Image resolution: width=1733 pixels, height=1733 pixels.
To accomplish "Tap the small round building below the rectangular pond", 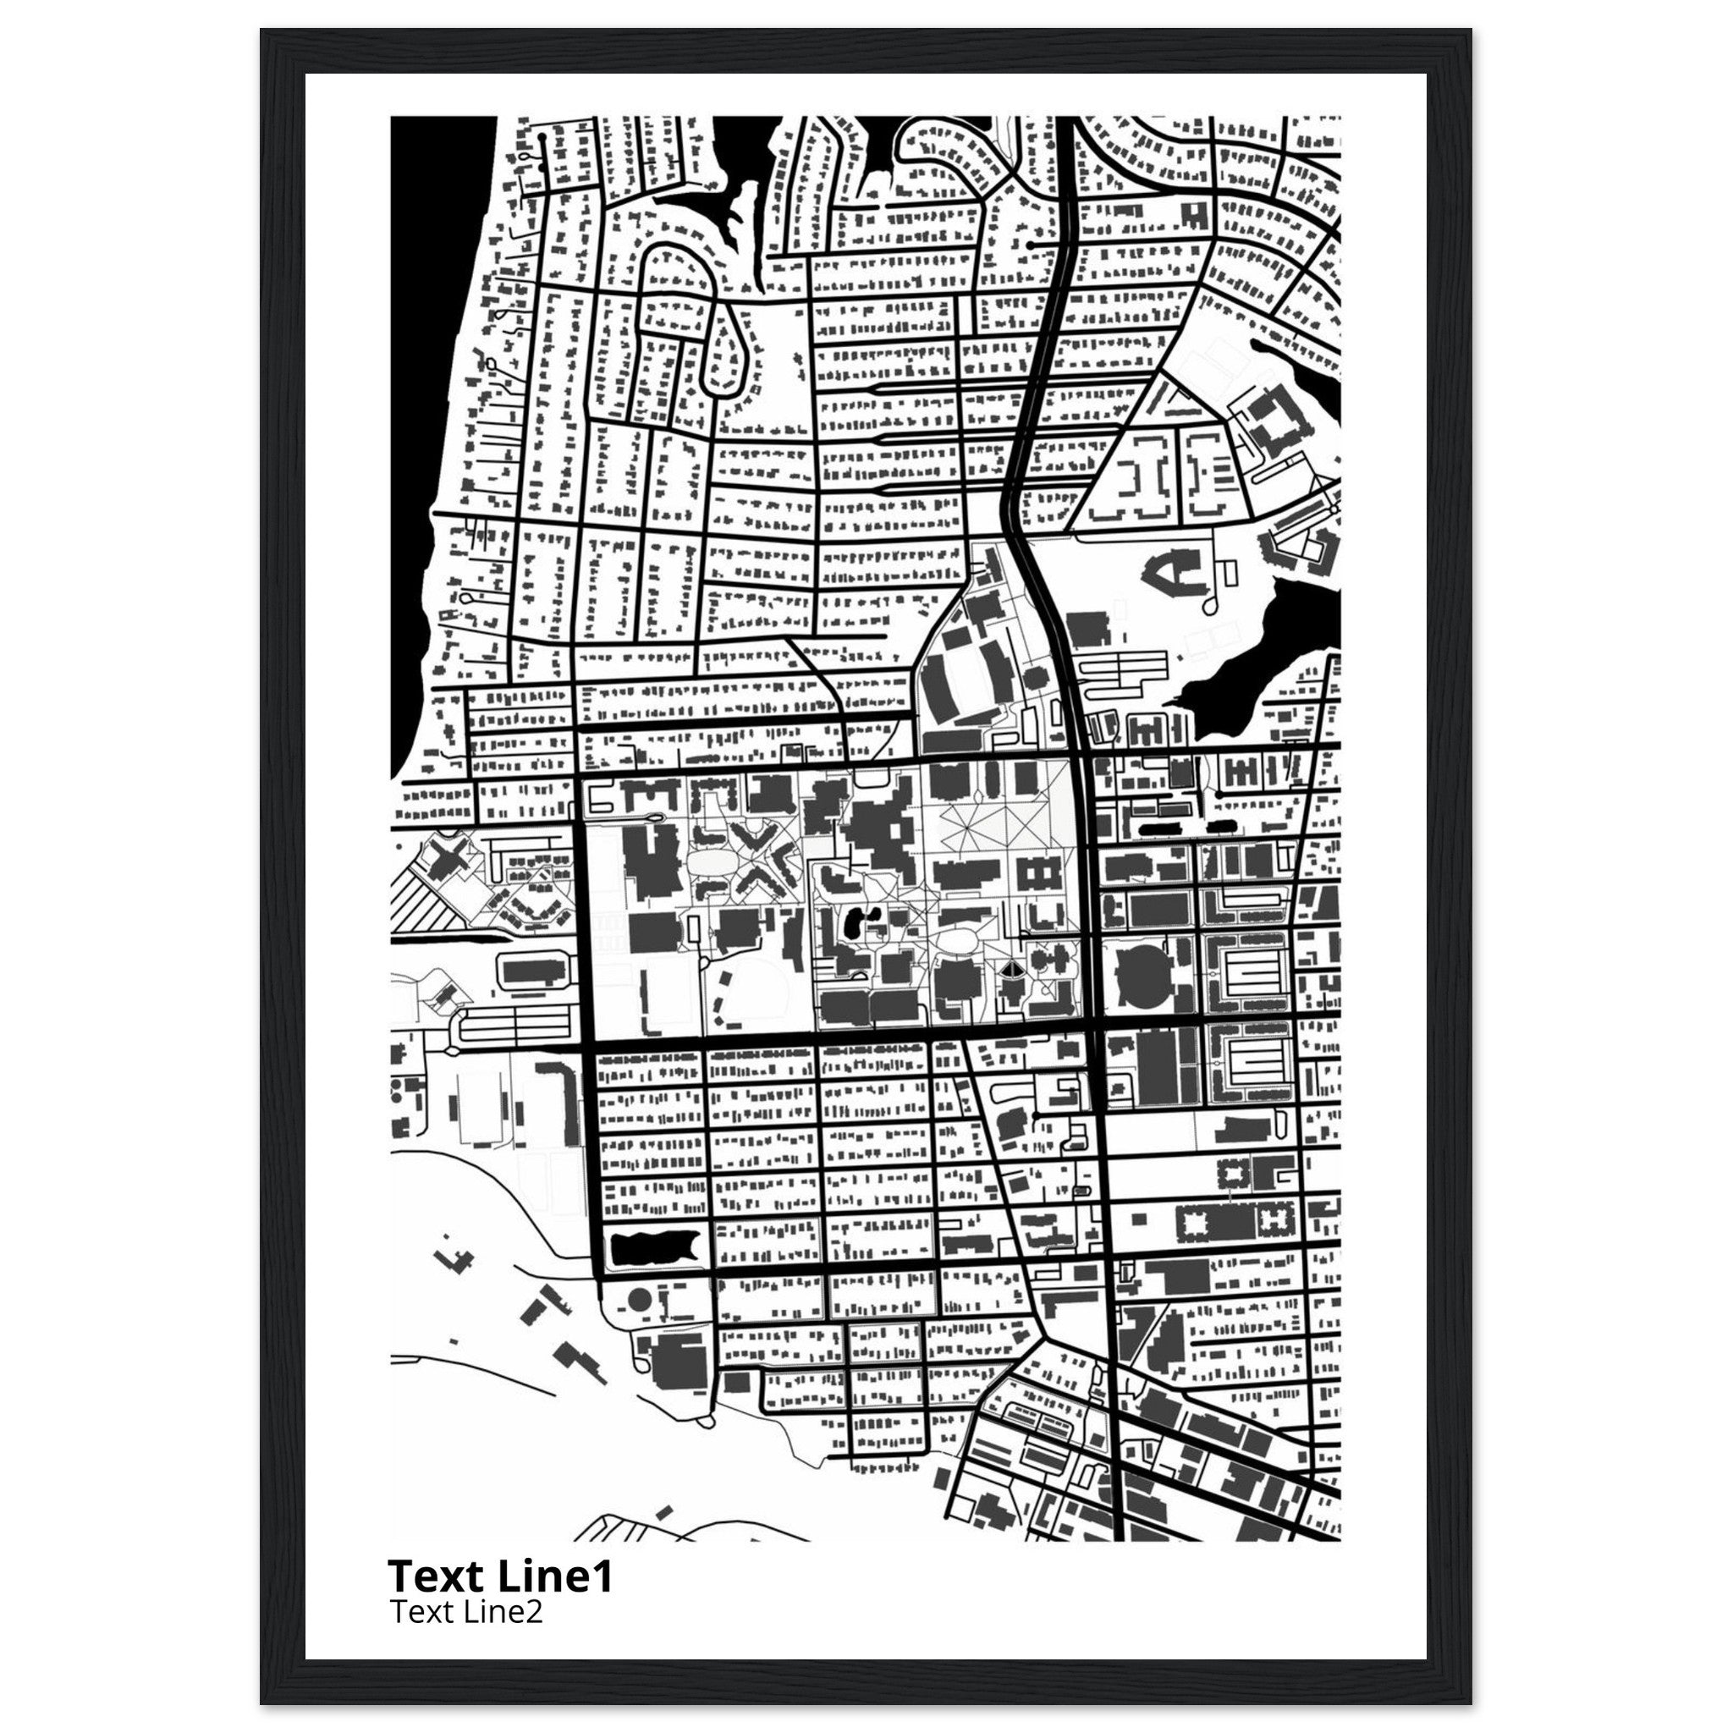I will (638, 1299).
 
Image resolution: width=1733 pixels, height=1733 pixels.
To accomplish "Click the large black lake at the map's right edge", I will (1265, 646).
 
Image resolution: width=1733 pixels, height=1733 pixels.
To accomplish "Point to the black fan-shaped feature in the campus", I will (1011, 967).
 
